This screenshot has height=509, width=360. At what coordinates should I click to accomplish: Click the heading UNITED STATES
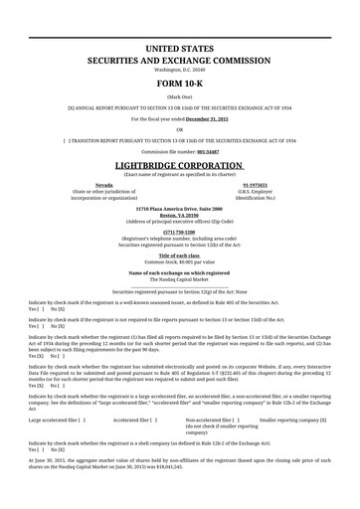click(x=179, y=48)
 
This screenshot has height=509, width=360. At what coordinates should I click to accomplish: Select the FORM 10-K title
click(x=179, y=83)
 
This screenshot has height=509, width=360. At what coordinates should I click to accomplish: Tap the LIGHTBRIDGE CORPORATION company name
click(x=179, y=164)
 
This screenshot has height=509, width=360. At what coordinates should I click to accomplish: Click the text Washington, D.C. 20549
click(x=179, y=71)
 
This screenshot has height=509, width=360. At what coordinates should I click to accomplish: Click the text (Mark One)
click(x=179, y=96)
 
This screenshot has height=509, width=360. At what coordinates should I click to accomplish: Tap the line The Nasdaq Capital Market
click(x=179, y=278)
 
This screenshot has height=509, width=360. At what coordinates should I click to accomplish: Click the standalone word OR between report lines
click(x=179, y=129)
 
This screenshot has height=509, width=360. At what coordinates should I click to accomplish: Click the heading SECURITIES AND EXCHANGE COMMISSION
click(x=179, y=60)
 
